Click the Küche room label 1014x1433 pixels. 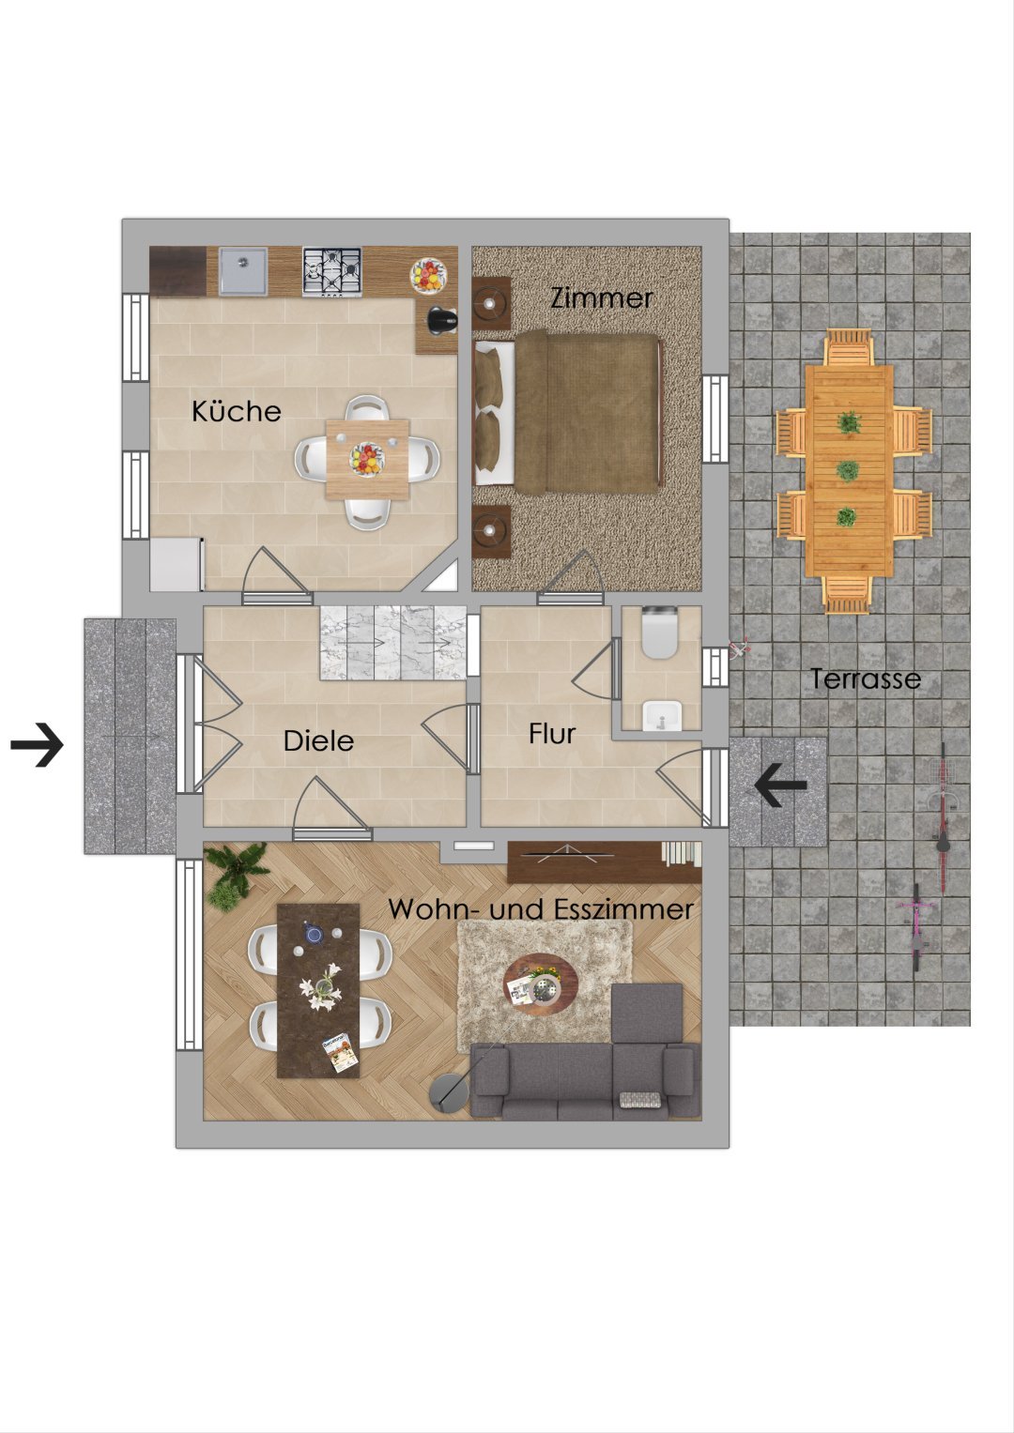pyautogui.click(x=237, y=411)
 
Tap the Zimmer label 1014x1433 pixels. pyautogui.click(x=602, y=298)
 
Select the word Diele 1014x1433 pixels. pyautogui.click(x=318, y=740)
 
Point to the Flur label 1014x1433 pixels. pyautogui.click(x=552, y=734)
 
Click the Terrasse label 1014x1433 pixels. pyautogui.click(x=866, y=678)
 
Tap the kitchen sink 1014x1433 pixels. pyautogui.click(x=242, y=271)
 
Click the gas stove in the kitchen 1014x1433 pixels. pyautogui.click(x=331, y=272)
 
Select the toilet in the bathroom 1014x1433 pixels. pyautogui.click(x=660, y=633)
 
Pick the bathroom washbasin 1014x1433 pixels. pyautogui.click(x=661, y=715)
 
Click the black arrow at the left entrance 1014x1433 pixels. pyautogui.click(x=38, y=744)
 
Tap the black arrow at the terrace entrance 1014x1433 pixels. pyautogui.click(x=781, y=784)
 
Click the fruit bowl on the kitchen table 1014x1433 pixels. pyautogui.click(x=367, y=459)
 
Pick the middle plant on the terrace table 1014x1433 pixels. pyautogui.click(x=848, y=471)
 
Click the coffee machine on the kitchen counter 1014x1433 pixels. pyautogui.click(x=442, y=319)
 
